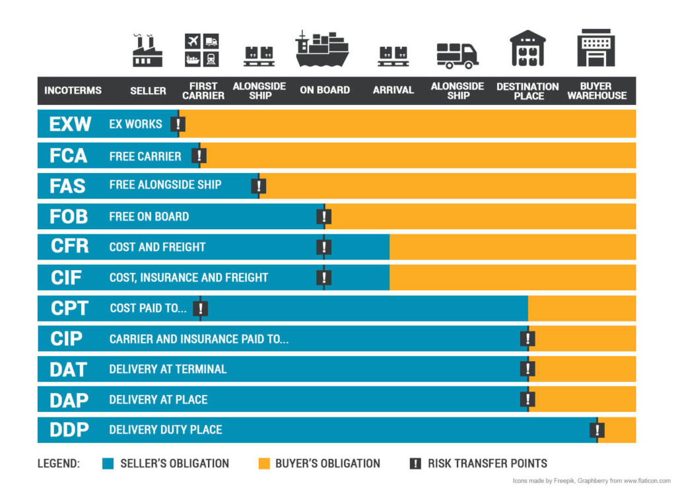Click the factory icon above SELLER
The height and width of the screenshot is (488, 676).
click(147, 50)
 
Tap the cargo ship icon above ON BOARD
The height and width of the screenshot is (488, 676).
click(322, 49)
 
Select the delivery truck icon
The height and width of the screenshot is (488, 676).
click(457, 55)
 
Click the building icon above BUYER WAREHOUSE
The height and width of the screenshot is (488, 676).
click(596, 48)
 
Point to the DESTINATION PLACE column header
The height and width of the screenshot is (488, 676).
click(527, 91)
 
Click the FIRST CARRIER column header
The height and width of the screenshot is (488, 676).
click(203, 90)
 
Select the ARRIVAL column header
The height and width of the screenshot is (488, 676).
click(393, 90)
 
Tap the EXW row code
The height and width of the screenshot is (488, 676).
click(70, 124)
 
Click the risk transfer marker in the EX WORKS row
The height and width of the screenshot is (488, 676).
click(178, 124)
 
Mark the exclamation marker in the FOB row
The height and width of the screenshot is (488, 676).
click(323, 217)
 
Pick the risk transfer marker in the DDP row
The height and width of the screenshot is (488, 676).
click(597, 430)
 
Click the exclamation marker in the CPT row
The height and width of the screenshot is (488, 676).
click(201, 308)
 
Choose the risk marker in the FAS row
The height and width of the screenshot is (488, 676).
click(259, 186)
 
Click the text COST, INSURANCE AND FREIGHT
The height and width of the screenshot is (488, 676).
click(189, 277)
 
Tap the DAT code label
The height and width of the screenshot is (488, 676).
click(69, 369)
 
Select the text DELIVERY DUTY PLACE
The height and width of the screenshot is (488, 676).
click(166, 430)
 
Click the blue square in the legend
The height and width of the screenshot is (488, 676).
click(108, 464)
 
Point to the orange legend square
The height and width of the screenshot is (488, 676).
click(264, 464)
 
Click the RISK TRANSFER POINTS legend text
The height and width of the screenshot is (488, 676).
click(487, 464)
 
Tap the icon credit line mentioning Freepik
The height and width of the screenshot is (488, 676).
click(591, 480)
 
